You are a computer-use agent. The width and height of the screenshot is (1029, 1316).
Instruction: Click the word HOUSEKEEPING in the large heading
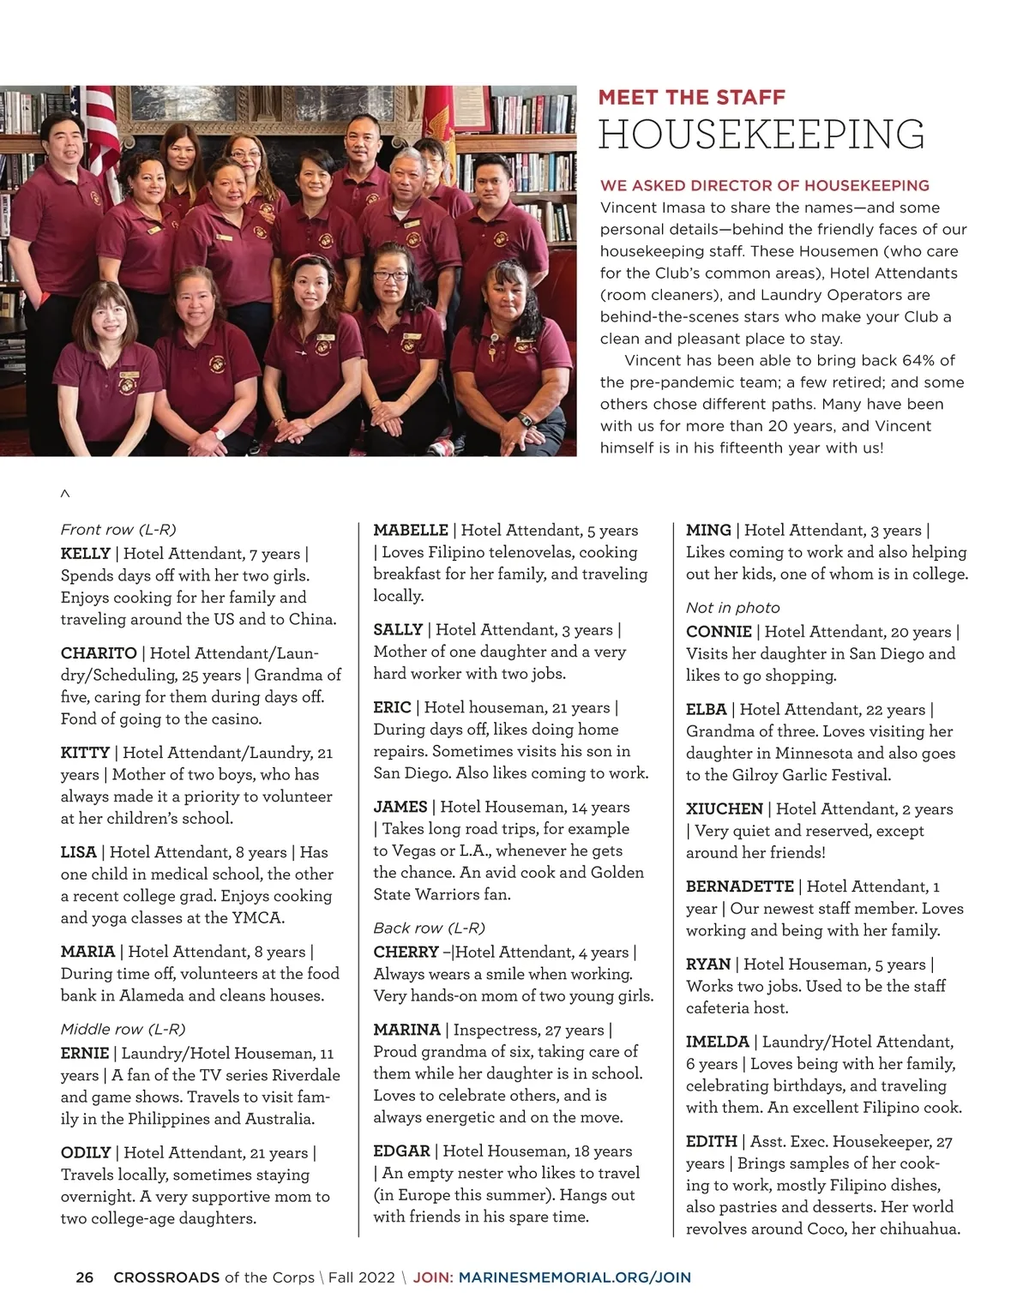click(761, 135)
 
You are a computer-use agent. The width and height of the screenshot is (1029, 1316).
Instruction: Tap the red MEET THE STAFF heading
click(691, 98)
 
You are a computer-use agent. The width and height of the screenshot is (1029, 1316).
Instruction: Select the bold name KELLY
click(85, 554)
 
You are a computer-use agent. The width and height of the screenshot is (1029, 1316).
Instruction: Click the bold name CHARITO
click(99, 653)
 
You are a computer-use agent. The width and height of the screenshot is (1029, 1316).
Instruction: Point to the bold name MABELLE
click(411, 531)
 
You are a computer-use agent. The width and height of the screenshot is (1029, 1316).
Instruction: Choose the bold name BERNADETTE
click(740, 886)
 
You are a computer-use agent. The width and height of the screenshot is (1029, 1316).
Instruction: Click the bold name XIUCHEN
click(724, 809)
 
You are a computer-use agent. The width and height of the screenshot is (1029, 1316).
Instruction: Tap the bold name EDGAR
click(401, 1151)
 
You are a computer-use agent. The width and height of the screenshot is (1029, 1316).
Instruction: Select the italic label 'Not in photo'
click(732, 608)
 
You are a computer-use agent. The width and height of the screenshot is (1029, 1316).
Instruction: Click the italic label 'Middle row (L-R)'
click(123, 1029)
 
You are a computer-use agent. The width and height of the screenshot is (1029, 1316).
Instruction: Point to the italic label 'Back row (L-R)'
click(429, 928)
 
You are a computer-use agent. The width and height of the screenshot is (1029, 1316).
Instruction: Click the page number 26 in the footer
click(85, 1277)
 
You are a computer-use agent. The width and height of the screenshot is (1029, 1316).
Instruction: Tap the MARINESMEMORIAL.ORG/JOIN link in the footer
click(575, 1277)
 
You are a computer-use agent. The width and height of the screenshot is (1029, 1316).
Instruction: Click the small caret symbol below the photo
click(65, 495)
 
